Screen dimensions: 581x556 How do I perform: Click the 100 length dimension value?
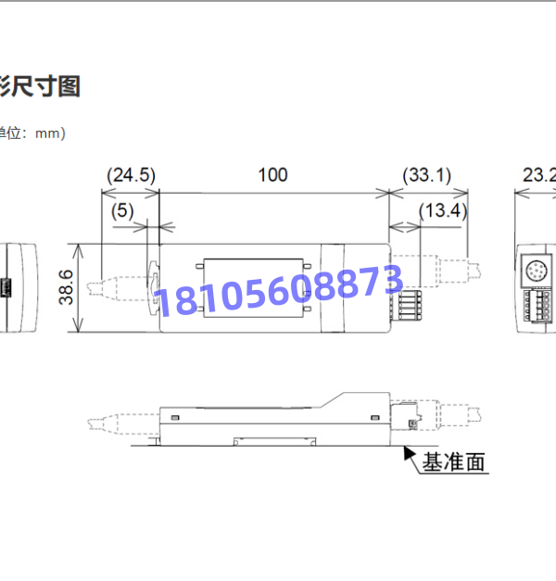click(272, 174)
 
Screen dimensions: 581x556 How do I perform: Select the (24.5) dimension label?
click(131, 174)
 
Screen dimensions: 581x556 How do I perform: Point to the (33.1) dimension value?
click(426, 174)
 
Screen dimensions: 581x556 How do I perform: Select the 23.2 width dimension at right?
click(538, 174)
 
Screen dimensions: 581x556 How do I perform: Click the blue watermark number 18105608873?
click(278, 288)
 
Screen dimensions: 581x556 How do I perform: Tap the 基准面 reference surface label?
click(454, 461)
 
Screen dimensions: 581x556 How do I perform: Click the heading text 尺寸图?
click(46, 86)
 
